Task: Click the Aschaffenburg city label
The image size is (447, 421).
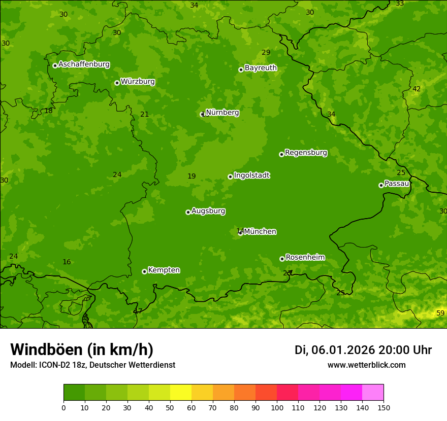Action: (x=84, y=64)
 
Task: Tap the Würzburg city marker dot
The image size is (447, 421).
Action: (x=117, y=83)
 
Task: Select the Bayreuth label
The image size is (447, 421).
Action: (x=261, y=68)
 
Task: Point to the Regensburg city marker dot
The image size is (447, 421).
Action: (x=281, y=154)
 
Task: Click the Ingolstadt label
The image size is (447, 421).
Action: (x=251, y=176)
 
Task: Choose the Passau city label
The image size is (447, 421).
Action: (x=397, y=184)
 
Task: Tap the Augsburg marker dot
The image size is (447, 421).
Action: (x=188, y=212)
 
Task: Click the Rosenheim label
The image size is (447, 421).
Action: (x=305, y=258)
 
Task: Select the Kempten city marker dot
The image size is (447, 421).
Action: (x=144, y=271)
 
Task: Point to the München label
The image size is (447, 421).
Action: (x=260, y=232)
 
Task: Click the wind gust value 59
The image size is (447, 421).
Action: (x=440, y=313)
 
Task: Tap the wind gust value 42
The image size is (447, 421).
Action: (x=417, y=89)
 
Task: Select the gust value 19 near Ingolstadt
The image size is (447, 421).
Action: (x=191, y=177)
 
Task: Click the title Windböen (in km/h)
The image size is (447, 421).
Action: (x=82, y=350)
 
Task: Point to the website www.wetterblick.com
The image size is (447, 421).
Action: (x=366, y=365)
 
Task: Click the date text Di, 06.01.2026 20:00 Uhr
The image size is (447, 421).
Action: (x=363, y=350)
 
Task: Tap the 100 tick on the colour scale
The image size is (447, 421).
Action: (x=277, y=407)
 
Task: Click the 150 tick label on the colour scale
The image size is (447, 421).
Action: (x=384, y=407)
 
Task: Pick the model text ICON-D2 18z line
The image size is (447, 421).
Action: (x=92, y=365)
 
